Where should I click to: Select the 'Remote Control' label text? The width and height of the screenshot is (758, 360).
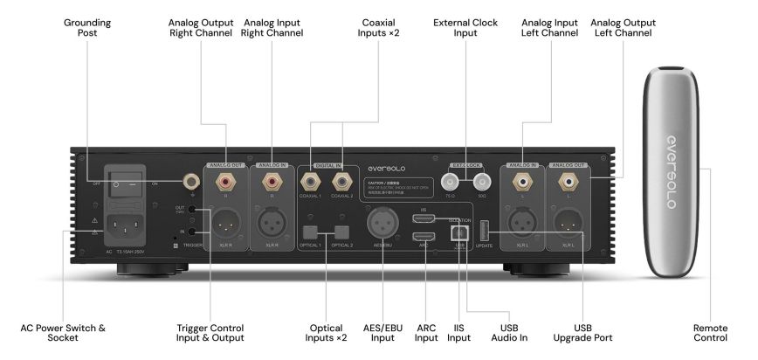pos(710,334)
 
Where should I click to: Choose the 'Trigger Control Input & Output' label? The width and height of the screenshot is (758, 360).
pos(210,334)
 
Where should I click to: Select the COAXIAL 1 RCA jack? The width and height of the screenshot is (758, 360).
pos(310,183)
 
